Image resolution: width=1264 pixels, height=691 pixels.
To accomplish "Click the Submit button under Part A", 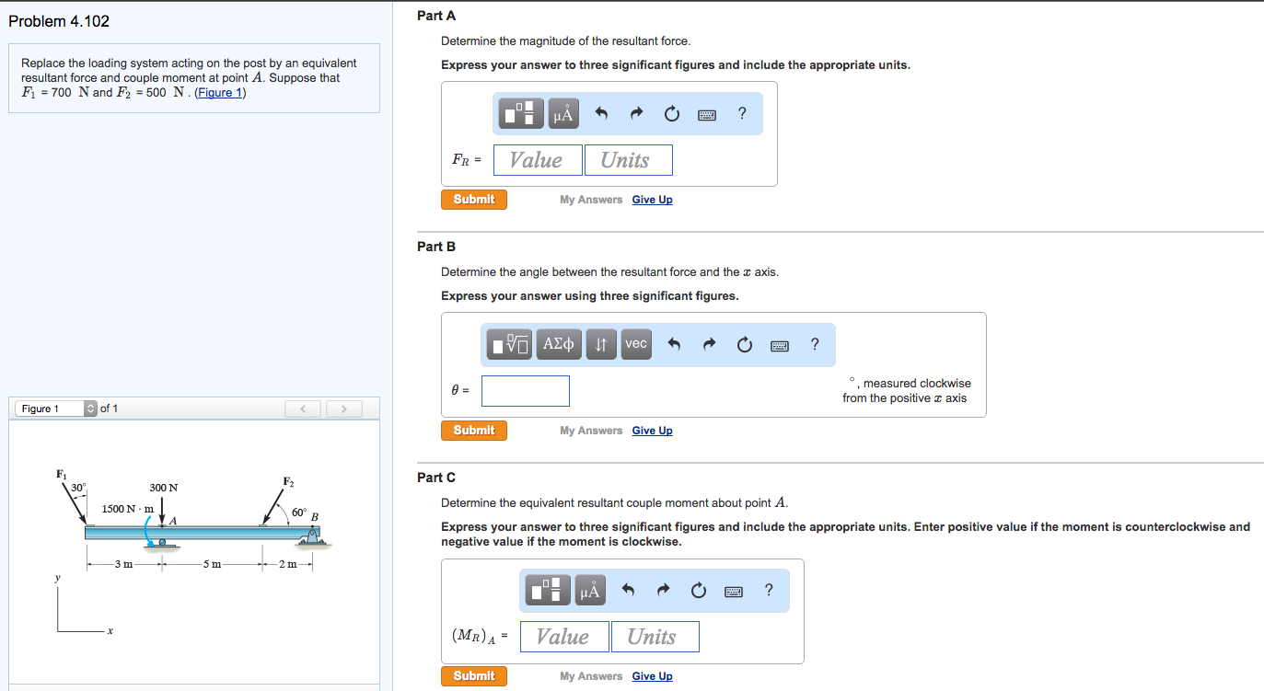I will pos(474,200).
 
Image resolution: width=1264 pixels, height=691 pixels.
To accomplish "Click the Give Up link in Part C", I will pos(652,676).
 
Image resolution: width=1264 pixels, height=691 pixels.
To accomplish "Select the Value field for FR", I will pos(538,160).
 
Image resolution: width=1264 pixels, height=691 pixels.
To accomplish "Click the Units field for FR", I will pos(628,160).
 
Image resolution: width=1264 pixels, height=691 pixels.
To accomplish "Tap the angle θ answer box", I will pos(525,391).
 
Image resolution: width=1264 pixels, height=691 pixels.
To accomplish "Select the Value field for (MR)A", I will pos(564,637).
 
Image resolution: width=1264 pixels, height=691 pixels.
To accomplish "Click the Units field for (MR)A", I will pos(655,637).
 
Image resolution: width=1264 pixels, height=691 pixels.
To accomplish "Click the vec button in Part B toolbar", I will pos(635,344).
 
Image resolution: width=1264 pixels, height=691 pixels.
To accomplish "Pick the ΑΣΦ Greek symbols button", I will pos(558,344).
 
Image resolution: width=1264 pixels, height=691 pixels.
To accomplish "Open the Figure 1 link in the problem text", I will pos(220,93).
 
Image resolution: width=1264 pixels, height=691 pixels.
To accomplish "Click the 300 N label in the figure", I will pos(164,487).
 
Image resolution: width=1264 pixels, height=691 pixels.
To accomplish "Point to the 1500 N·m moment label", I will pos(127,509).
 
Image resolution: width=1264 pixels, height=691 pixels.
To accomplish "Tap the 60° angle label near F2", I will pos(299,512).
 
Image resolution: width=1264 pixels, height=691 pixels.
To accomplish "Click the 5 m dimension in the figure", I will pos(212,565).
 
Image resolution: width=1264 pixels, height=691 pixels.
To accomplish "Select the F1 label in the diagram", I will pos(61,474).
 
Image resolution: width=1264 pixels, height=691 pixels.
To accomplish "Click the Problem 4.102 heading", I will pos(59,21).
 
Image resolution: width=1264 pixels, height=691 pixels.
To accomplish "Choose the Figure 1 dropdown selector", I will pos(55,409).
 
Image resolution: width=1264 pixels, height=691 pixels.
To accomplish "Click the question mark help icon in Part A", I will pos(742,114).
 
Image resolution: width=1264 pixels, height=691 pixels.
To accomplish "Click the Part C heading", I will pos(435,478).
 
